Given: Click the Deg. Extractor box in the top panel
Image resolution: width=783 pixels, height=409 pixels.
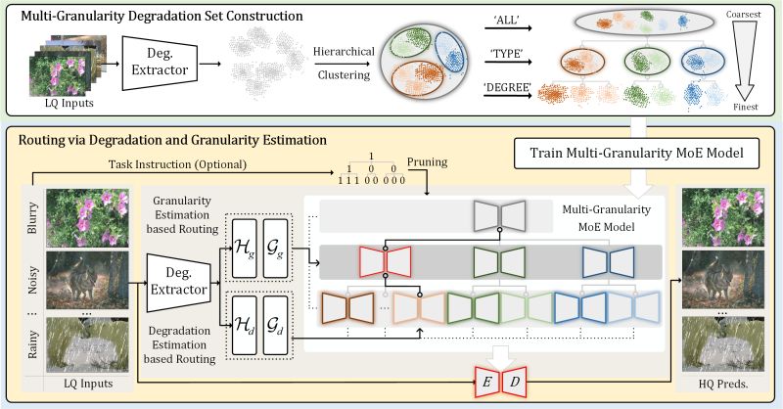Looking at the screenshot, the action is coord(160,63).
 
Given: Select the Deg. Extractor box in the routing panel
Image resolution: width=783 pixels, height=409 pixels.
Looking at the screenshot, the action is coord(179,282).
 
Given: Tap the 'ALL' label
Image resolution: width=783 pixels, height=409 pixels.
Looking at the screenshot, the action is coord(506,21).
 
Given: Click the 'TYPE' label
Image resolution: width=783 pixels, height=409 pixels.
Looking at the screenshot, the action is coord(506,54).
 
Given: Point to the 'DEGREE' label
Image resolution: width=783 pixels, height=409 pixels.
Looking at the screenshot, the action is coord(506,87).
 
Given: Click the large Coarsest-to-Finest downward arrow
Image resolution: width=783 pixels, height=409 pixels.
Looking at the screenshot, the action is coord(745,60).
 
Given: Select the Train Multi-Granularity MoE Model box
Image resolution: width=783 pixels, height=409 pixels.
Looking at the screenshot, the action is coord(637,153).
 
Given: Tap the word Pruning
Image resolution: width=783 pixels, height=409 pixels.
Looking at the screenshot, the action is coord(428,161).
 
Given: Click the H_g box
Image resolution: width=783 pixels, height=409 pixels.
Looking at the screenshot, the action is coord(245,249).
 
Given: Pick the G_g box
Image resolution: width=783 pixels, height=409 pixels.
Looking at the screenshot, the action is coord(275,249).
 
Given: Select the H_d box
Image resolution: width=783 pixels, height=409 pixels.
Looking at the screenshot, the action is coord(245,325).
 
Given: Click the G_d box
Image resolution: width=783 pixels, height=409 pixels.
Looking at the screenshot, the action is coord(275,325).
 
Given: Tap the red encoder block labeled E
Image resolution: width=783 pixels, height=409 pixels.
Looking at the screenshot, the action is coord(486,382).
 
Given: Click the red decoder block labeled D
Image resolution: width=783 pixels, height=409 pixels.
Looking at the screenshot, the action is coord(515,382).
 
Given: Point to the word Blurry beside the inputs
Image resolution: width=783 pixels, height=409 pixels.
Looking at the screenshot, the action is coord(32,218).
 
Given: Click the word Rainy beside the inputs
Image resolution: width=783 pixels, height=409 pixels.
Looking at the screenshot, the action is coord(32,344).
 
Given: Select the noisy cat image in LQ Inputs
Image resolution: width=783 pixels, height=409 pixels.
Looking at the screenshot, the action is coord(87,280).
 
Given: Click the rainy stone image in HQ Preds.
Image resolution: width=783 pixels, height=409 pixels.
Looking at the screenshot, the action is coord(723,344).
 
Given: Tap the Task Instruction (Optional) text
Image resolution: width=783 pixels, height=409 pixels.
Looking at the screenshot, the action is coord(178,164).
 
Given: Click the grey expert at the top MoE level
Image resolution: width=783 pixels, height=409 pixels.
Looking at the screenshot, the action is coord(500,216).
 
